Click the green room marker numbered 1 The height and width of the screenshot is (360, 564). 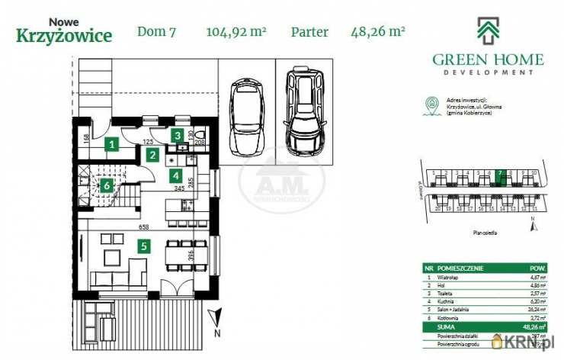(112, 143)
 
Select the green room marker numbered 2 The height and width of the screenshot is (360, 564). (153, 156)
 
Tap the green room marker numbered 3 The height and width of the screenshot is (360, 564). (178, 136)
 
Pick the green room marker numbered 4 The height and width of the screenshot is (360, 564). (175, 175)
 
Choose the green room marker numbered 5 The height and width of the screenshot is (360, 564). (143, 246)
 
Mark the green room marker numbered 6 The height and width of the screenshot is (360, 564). (107, 184)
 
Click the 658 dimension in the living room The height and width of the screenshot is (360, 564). (143, 227)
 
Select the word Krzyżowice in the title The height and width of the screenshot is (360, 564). (64, 35)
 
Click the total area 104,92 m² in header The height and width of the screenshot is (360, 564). (236, 32)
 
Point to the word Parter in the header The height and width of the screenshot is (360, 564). (309, 32)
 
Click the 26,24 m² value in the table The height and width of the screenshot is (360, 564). (537, 308)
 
